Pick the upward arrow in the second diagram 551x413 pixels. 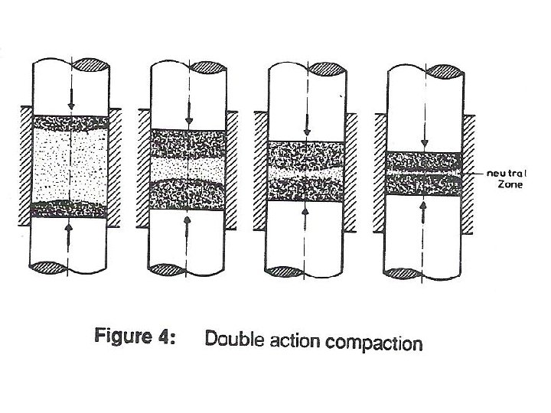click(x=188, y=226)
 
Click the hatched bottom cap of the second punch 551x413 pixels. click(x=169, y=269)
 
